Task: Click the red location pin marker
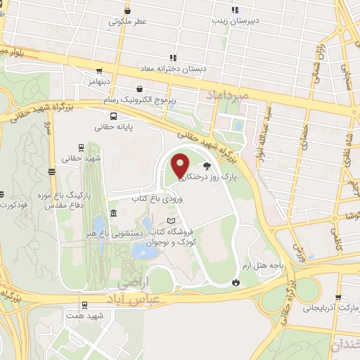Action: coord(180,165)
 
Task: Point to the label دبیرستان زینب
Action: coord(236,21)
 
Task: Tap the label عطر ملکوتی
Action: coord(127,22)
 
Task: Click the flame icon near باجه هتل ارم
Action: coord(236,281)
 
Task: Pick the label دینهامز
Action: coord(101,82)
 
